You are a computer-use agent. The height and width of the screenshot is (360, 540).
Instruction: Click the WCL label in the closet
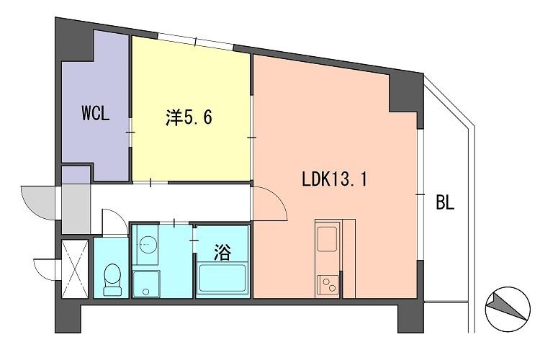tap(95, 114)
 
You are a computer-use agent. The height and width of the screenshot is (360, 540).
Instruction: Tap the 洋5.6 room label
tap(189, 117)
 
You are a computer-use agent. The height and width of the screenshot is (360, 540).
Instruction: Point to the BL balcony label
tap(445, 203)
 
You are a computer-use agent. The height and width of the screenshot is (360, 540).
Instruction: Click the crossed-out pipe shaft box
tap(74, 268)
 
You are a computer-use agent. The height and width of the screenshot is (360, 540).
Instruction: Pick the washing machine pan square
tap(148, 282)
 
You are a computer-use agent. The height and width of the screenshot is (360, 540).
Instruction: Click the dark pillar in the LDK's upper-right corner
tap(405, 94)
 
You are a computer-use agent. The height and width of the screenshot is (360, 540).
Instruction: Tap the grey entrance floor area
tap(76, 204)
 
